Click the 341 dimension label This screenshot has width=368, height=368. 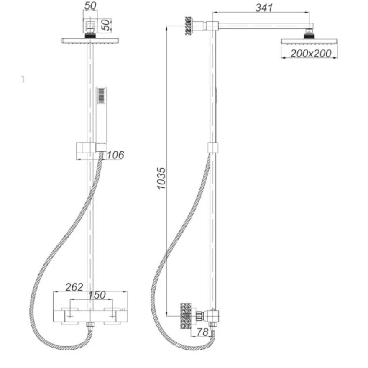(263, 8)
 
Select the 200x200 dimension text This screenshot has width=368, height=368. (311, 53)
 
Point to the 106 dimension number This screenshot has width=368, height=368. (115, 155)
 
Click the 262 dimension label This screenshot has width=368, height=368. (74, 287)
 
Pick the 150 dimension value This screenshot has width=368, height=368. (97, 295)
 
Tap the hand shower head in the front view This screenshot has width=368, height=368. (101, 95)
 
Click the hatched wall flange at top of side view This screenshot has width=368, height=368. (189, 27)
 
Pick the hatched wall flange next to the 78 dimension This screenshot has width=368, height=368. (185, 315)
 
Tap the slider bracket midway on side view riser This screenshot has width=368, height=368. (213, 147)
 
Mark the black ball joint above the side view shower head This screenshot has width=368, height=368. (309, 35)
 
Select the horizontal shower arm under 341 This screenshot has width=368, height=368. (263, 26)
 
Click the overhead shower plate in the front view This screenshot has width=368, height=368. (90, 41)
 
